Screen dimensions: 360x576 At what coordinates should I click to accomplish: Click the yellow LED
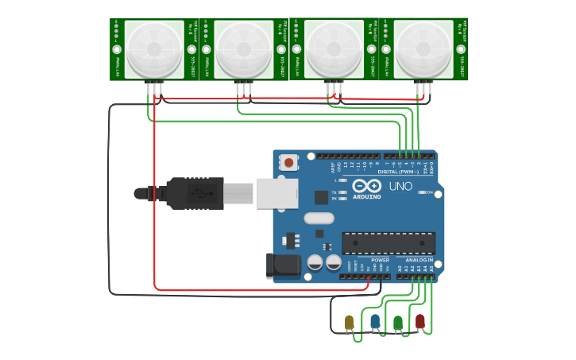(349, 322)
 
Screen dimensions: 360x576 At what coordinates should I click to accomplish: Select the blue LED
(375, 321)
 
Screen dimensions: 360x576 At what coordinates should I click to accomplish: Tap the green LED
(398, 322)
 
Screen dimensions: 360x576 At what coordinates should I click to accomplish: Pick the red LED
(420, 321)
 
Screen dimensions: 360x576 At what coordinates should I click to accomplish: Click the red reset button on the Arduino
(288, 163)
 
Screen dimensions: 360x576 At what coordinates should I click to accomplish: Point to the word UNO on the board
(400, 186)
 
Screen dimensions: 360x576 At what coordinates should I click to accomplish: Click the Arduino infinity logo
(367, 186)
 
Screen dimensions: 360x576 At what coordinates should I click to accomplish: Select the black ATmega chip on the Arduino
(388, 242)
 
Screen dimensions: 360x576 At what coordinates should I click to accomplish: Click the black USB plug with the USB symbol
(195, 193)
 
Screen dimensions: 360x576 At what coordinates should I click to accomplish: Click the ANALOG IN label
(419, 260)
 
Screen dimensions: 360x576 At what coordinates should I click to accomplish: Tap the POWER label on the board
(380, 260)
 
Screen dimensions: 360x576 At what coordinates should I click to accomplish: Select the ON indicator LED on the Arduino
(423, 192)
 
